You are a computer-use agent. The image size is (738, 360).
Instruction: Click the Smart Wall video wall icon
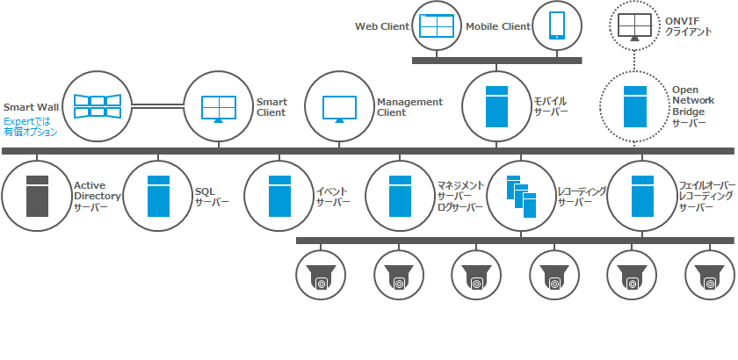pos(96,107)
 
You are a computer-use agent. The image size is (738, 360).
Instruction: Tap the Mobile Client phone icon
pos(557,25)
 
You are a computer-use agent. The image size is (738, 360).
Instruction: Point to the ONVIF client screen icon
pos(634,26)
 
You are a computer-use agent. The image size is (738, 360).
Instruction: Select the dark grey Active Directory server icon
pos(36,196)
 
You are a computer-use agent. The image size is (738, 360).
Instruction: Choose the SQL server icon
pos(157,196)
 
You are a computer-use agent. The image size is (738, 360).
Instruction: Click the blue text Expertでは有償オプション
pos(30,127)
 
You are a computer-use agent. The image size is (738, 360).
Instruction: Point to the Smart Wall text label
pos(31,104)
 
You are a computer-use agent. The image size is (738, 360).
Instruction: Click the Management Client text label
pos(409,107)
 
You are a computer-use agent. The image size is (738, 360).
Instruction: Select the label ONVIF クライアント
pos(691,26)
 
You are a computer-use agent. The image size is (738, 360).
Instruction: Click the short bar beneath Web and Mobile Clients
pos(496,60)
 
